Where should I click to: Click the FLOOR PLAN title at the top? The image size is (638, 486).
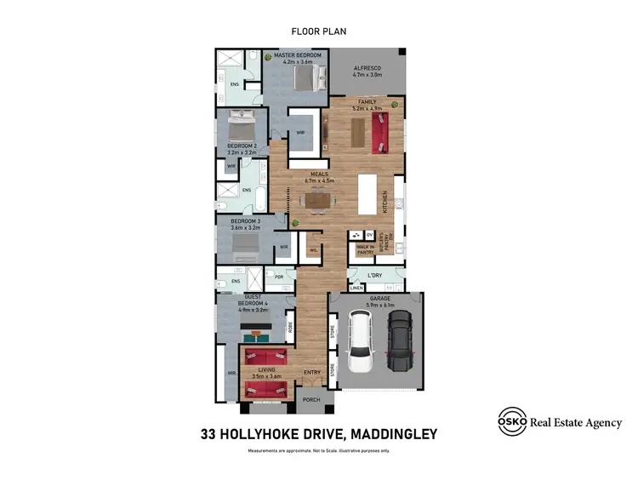click(319, 31)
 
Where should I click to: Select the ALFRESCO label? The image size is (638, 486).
click(367, 67)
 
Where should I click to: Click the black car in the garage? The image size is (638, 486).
click(400, 340)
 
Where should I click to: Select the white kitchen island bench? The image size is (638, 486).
click(368, 195)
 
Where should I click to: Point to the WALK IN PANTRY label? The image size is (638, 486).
click(366, 249)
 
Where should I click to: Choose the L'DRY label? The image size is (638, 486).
click(374, 275)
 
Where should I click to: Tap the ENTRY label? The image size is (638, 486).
click(311, 372)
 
